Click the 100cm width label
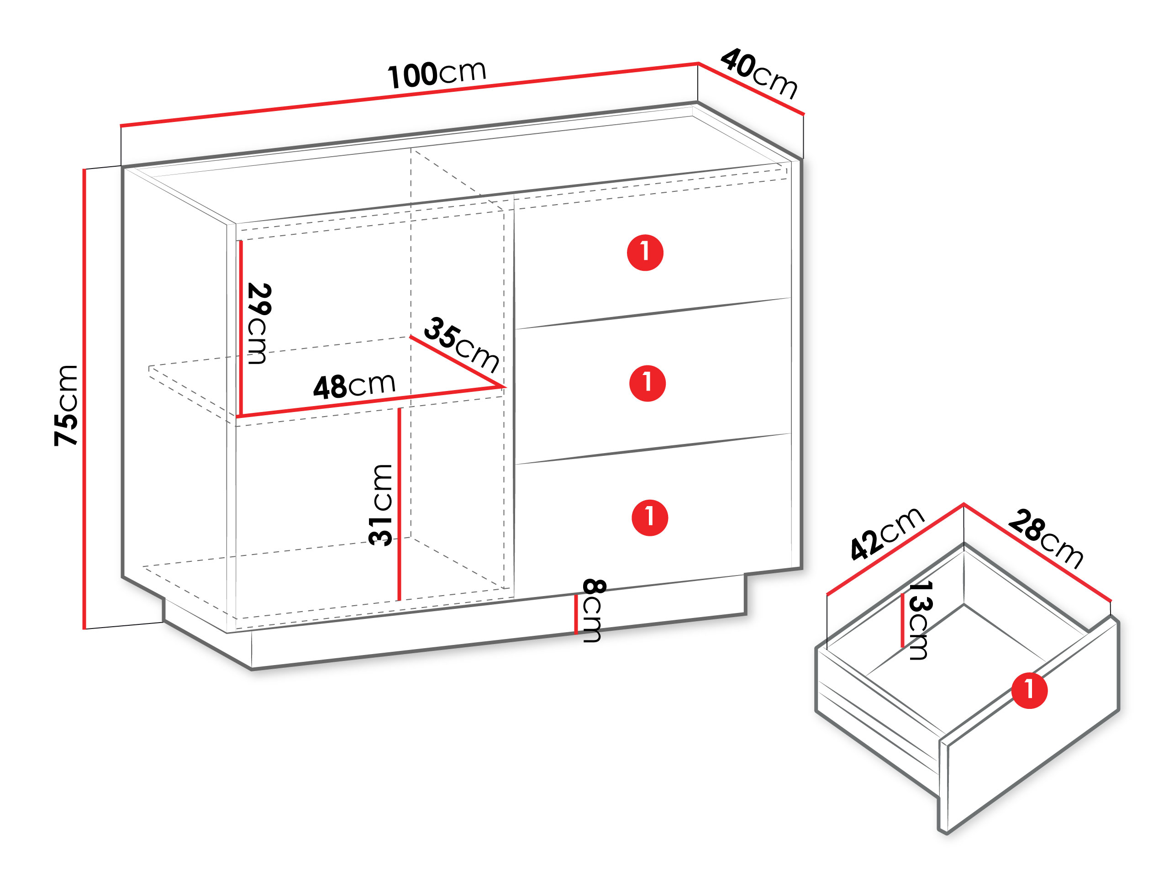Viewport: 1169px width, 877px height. (437, 74)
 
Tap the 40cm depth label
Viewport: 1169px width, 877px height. (759, 74)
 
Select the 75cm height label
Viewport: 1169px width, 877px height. (66, 406)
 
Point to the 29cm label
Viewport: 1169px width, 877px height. (259, 323)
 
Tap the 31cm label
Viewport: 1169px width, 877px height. (380, 505)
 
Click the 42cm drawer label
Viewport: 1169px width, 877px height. (887, 533)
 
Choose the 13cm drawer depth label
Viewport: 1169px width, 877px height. (920, 621)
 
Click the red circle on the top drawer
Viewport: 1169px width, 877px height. (645, 253)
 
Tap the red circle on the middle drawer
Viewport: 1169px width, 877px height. (648, 383)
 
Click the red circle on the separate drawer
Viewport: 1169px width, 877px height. (1029, 690)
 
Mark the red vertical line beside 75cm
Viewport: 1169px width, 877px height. (84, 399)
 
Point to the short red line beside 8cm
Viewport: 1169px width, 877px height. (576, 614)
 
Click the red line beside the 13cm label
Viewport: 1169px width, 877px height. (903, 620)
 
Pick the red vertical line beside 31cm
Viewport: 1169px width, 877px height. (400, 504)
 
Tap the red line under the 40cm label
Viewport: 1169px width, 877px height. (751, 88)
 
